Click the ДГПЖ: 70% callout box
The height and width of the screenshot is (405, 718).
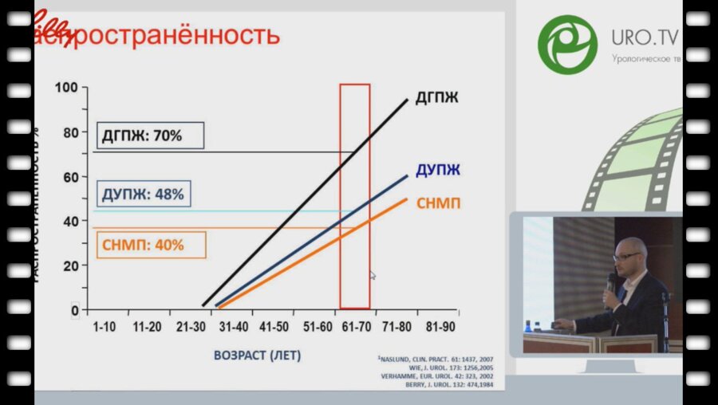click(150, 136)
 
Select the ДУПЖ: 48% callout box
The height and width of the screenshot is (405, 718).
click(144, 194)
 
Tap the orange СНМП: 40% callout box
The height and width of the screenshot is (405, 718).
click(150, 245)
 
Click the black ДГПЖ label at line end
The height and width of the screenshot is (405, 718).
click(436, 98)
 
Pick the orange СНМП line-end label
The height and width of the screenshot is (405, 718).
click(438, 203)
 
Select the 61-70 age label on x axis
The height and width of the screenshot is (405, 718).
click(356, 327)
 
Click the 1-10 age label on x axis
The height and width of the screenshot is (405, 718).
click(105, 327)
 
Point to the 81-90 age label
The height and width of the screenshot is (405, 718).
click(441, 327)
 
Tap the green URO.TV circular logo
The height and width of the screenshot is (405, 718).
click(567, 43)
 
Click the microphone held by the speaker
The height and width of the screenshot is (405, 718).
click(611, 282)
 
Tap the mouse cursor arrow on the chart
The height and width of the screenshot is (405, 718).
click(373, 275)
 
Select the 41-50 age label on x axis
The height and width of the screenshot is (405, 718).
click(273, 327)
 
